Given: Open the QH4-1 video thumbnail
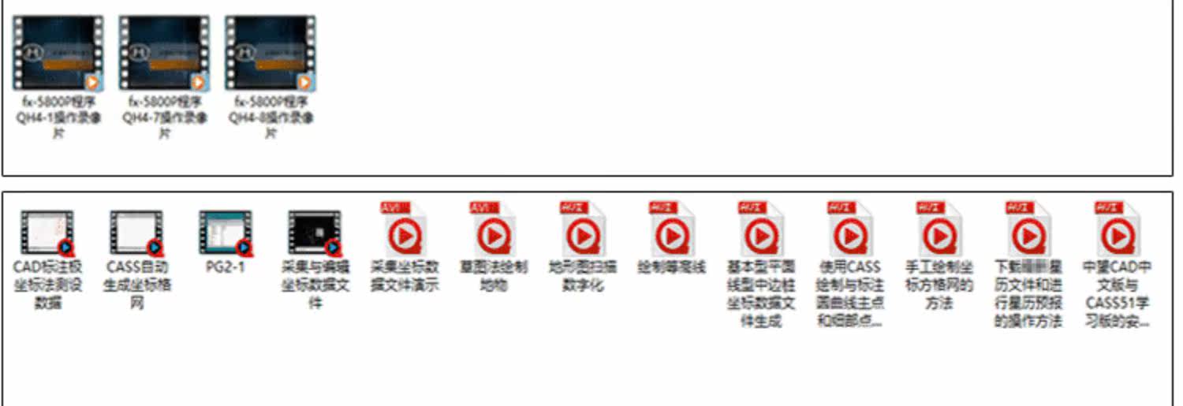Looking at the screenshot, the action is [x=58, y=52].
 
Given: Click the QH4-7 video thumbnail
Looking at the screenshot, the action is [x=164, y=52].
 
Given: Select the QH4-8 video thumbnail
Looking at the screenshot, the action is [x=270, y=52].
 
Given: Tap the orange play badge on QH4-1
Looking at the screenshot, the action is [x=92, y=81].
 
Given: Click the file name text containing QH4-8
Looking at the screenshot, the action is [x=271, y=117].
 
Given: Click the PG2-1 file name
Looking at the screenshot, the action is [x=226, y=267].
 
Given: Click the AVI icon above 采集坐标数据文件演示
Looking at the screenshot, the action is [x=404, y=230].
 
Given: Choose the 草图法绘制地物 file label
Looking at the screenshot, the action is [x=493, y=276].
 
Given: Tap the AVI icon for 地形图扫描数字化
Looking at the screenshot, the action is [x=582, y=230].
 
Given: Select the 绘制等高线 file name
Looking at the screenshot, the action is [x=671, y=267].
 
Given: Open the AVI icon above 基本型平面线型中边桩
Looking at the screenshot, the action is [x=760, y=230].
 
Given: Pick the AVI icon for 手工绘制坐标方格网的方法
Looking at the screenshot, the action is [x=939, y=230].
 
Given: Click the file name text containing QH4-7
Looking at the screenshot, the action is [x=164, y=117].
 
